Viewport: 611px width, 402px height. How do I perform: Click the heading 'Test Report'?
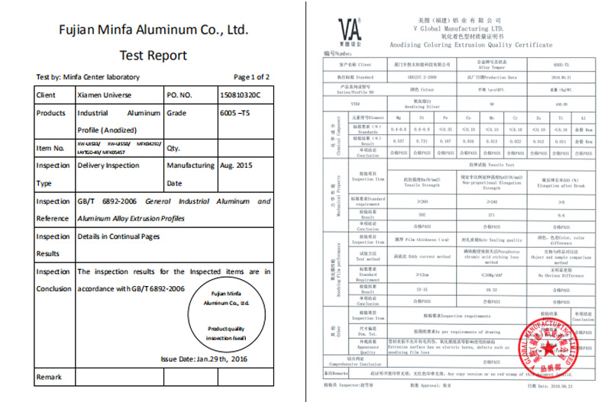point(153,55)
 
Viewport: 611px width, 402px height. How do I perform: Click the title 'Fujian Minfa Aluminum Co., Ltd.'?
point(154,31)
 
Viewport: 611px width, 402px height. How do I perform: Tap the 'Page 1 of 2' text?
point(251,77)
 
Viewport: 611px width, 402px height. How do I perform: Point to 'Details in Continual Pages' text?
point(118,236)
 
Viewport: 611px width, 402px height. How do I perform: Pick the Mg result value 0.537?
point(397,141)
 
